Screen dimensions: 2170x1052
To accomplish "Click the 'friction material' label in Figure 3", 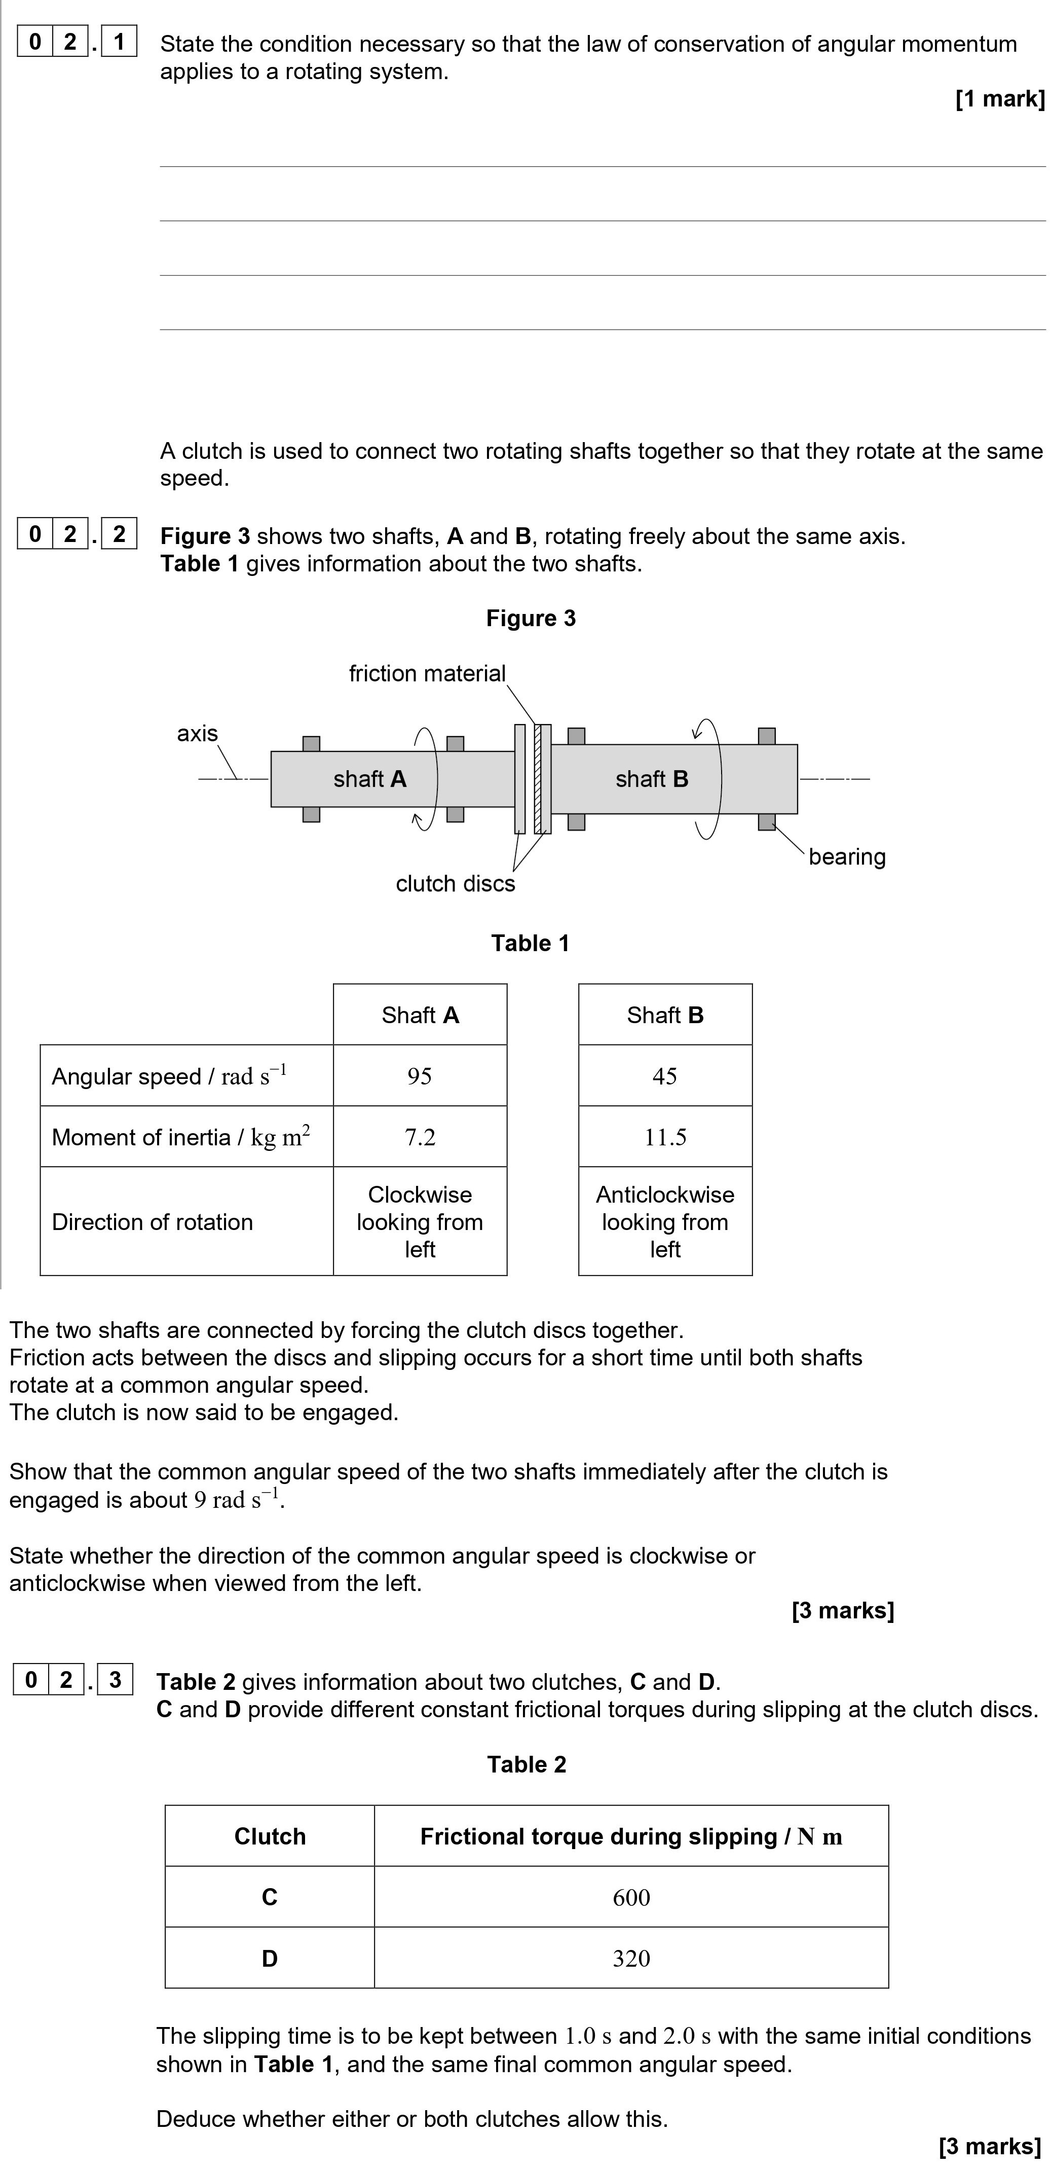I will (427, 673).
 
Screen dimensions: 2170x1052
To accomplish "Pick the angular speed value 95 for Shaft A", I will (420, 1076).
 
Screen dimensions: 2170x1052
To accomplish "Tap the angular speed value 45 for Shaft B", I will (664, 1076).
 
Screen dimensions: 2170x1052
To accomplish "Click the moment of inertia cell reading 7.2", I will (420, 1137).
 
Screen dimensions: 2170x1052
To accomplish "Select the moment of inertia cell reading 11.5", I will (664, 1137).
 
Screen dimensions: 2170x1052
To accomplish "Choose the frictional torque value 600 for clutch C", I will (631, 1897).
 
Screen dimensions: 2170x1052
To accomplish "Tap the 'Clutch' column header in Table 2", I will (270, 1836).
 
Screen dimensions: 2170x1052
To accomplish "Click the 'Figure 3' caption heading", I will (531, 619).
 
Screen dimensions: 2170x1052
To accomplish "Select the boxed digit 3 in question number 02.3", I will (116, 1680).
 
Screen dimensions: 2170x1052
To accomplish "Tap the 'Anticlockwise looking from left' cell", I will (664, 1221).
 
